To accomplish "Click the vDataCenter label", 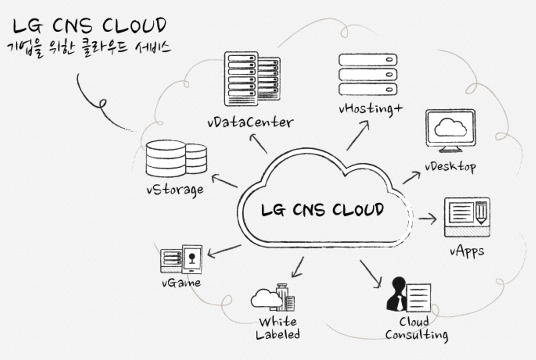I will pos(250,122).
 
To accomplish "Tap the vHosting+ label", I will pos(371,109).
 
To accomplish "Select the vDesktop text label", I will pos(450,167).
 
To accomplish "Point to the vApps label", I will pos(467,251).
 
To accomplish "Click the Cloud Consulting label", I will pos(416,328).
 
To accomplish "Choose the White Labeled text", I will pos(277,328).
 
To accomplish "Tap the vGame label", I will pos(181,283).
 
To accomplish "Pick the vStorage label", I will pos(175,189).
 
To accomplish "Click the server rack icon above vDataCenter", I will pos(252,78).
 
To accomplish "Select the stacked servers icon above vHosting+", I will pos(368,74).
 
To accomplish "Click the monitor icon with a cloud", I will pos(450,130).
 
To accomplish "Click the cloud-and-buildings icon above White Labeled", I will pos(273,297).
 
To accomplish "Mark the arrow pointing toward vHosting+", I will pos(358,135).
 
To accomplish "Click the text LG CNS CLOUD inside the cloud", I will pos(322,210).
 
